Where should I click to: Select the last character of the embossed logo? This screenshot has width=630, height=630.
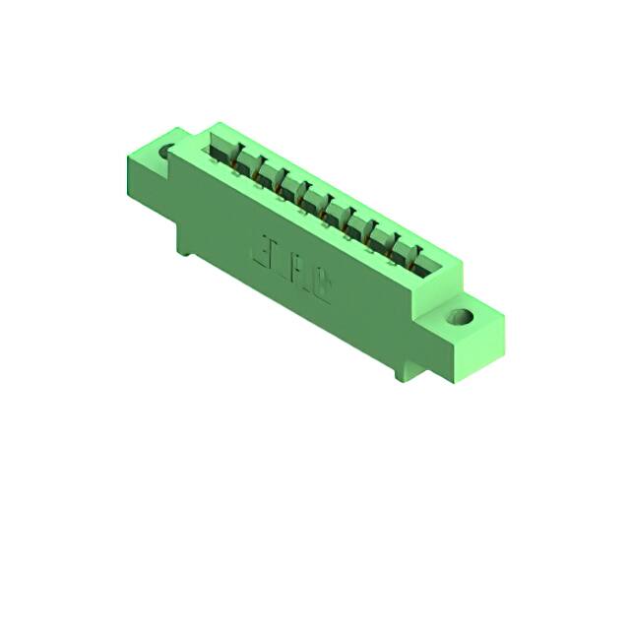321,280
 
